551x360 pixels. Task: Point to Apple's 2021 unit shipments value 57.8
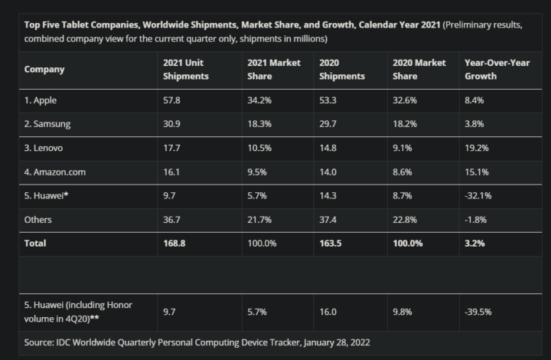tap(171, 100)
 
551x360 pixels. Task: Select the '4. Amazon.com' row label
tap(55, 172)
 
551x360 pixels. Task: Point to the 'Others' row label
tap(39, 219)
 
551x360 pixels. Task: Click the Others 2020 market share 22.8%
tap(406, 219)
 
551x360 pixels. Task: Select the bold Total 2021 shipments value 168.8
tap(174, 243)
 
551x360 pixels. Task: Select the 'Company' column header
tap(44, 69)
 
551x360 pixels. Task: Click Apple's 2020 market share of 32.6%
tap(406, 100)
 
